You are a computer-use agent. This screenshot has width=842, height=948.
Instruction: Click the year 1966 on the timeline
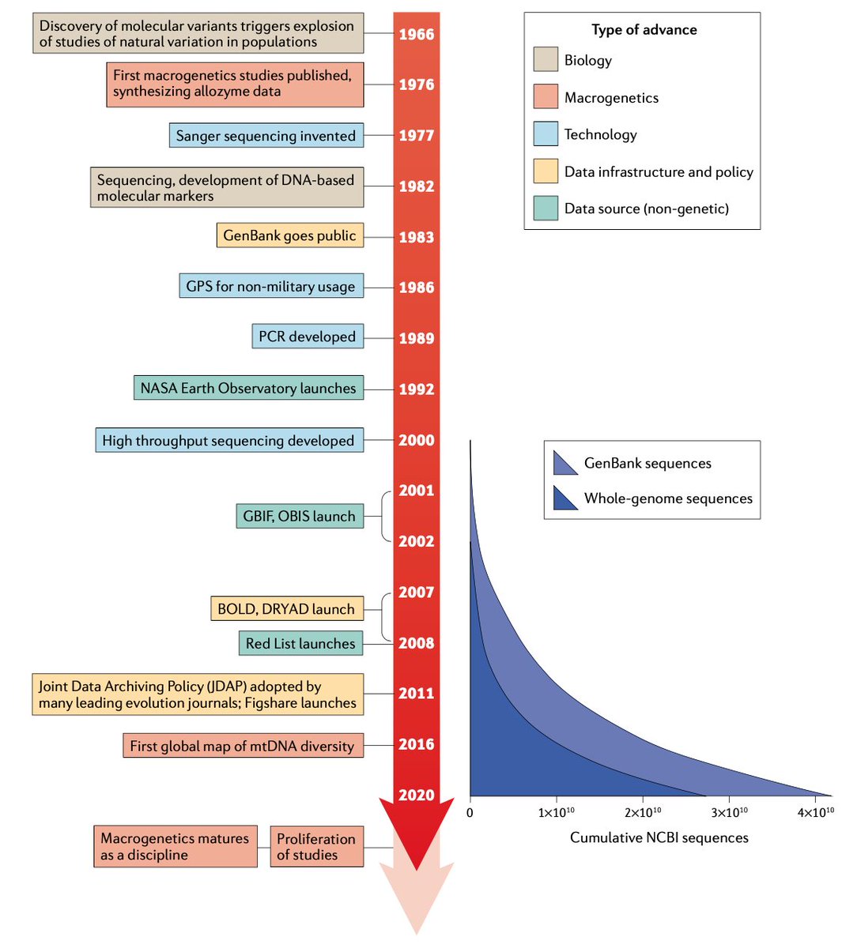pos(416,34)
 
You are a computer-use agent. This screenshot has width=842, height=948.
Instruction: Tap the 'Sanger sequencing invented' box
pos(266,135)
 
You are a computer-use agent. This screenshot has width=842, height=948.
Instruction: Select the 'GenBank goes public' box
pos(289,235)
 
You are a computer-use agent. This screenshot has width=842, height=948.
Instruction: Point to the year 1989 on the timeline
pos(416,338)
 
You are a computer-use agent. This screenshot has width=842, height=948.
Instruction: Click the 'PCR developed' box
pos(308,337)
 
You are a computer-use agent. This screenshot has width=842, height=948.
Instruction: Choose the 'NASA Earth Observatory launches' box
pos(248,388)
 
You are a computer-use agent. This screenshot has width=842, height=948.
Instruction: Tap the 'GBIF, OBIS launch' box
pos(300,516)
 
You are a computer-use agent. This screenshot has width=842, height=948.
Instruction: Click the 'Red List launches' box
pos(300,643)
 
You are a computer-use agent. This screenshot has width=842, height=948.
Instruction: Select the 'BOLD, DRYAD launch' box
pos(286,609)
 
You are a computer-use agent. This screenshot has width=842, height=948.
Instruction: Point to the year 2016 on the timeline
pos(416,744)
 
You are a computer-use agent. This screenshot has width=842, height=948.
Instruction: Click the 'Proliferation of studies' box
pos(316,847)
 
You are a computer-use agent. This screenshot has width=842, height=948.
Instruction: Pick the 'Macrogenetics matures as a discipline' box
pos(175,847)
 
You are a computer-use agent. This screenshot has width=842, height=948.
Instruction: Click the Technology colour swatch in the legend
pos(546,134)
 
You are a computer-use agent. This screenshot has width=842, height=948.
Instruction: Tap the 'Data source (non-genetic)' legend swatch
pos(546,209)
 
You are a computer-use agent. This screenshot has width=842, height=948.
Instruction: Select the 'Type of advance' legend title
pos(644,30)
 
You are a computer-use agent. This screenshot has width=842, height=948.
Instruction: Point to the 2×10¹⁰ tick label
pos(643,812)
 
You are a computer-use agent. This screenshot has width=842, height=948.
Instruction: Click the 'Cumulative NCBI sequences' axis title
pos(659,837)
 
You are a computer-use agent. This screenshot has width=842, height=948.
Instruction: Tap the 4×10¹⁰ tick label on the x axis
pos(815,812)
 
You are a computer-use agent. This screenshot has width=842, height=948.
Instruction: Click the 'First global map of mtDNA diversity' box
pos(243,746)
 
